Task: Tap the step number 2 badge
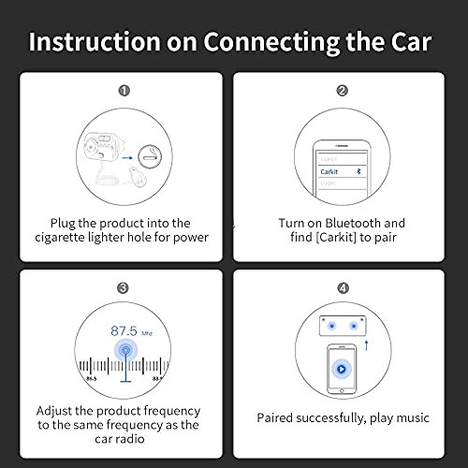click(x=343, y=91)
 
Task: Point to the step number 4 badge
click(x=343, y=288)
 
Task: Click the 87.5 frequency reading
click(x=124, y=330)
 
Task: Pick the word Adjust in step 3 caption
click(x=59, y=411)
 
